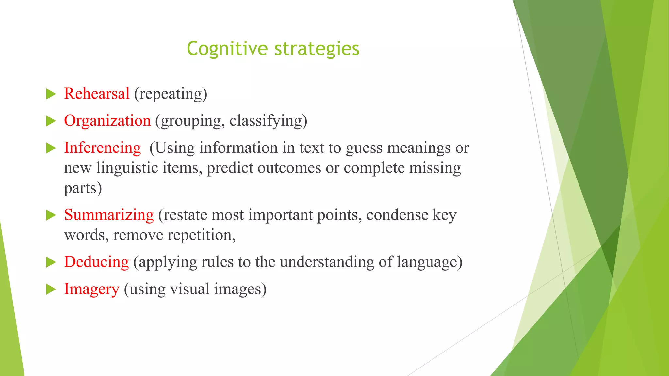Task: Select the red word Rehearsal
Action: tap(97, 94)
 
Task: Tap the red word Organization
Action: tap(107, 121)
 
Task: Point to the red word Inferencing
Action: tap(102, 148)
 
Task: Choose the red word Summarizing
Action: tap(109, 215)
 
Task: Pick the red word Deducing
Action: tap(96, 262)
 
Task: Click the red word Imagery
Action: tap(91, 289)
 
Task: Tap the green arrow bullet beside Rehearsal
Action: tap(51, 94)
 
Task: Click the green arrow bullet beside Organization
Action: tap(51, 121)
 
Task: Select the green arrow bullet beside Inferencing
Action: tap(51, 148)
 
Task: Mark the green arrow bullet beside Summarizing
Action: tap(51, 215)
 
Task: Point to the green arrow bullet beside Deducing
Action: tap(51, 262)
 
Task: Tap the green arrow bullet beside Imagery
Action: tap(51, 290)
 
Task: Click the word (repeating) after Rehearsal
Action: tap(171, 94)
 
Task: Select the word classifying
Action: tap(268, 121)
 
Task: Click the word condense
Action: tap(397, 215)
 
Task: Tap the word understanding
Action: tap(327, 262)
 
